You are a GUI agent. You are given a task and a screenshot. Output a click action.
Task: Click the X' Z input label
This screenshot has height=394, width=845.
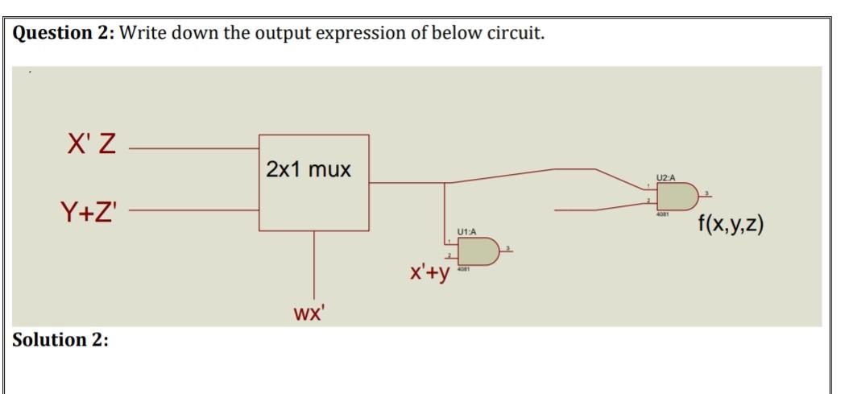(88, 147)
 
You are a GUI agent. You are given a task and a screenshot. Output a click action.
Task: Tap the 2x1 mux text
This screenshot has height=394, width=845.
(309, 170)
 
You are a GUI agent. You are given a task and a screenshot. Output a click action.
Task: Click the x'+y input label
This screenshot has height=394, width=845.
(429, 274)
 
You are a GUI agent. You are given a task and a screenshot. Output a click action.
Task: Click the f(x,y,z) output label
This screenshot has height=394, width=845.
(731, 222)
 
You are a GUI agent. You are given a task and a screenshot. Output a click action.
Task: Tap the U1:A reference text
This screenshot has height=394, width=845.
(466, 232)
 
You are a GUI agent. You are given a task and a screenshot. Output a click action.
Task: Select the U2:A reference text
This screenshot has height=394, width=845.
(666, 176)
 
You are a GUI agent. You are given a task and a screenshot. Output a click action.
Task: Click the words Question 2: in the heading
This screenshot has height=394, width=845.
(64, 34)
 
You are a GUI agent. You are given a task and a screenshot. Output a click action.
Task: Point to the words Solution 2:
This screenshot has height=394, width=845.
(60, 339)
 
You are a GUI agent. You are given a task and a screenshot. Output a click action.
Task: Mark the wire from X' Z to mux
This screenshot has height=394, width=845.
(193, 148)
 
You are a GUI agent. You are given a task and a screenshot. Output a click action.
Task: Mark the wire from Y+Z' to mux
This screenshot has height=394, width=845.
(193, 213)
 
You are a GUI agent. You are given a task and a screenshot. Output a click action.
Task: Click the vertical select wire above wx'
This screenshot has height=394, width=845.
(314, 266)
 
